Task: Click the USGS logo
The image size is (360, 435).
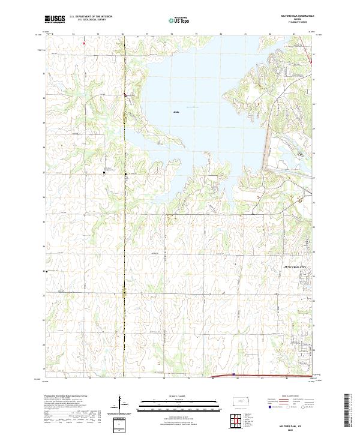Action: pos(55,19)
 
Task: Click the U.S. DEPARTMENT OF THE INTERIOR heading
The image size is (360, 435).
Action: pos(91,17)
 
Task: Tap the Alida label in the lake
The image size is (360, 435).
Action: pos(176,112)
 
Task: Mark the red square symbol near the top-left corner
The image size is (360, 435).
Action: pos(84,43)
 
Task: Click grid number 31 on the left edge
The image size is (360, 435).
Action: pos(43,73)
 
